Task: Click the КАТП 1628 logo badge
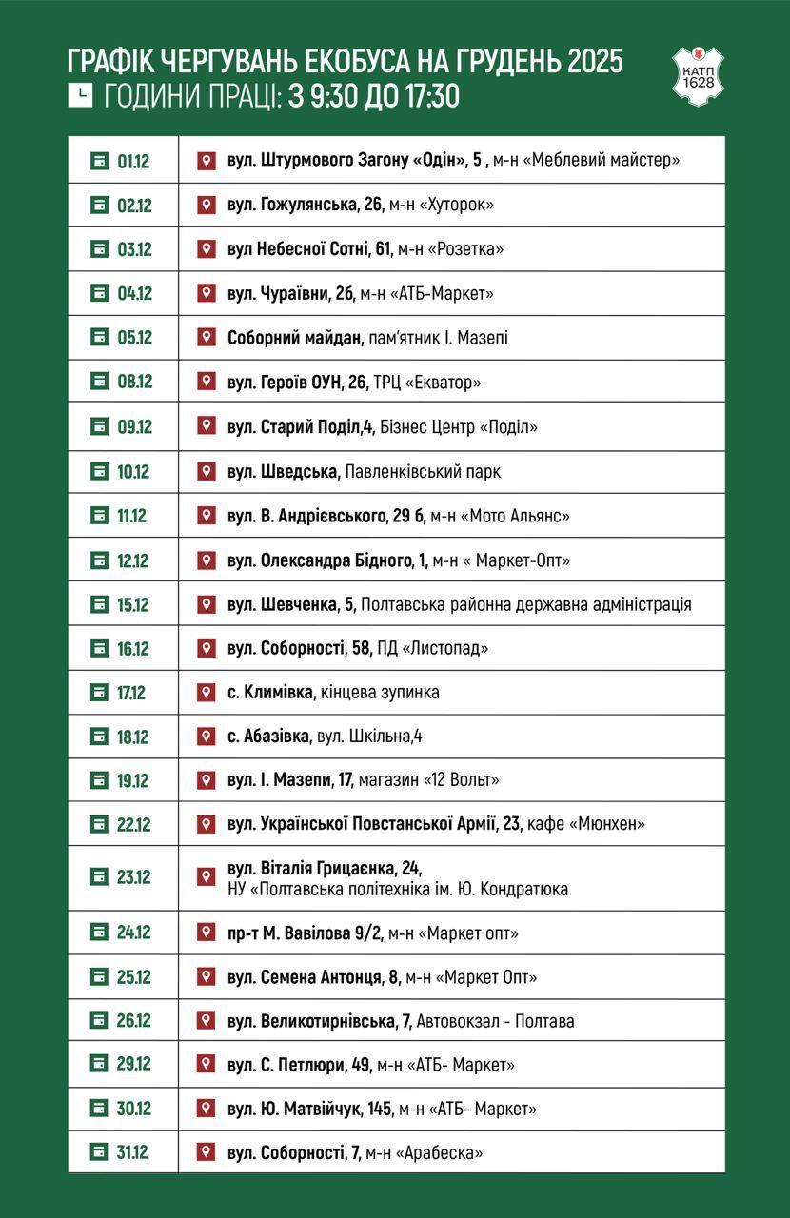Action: (x=698, y=73)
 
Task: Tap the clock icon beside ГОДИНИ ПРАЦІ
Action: (x=81, y=95)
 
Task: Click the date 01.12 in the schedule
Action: (x=133, y=161)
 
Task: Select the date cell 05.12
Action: (x=134, y=338)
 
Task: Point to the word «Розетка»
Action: (x=465, y=249)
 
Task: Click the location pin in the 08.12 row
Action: (x=205, y=382)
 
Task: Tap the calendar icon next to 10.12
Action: (x=100, y=471)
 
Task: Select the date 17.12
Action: (x=131, y=693)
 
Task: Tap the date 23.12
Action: (x=133, y=877)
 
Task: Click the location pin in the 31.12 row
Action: (x=205, y=1152)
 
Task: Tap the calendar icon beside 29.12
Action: (x=100, y=1064)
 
